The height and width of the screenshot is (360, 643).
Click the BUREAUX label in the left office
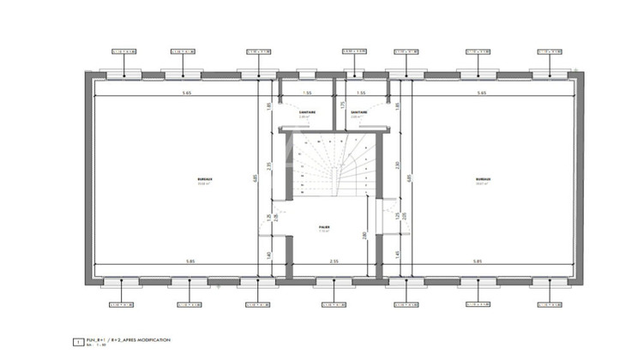204,180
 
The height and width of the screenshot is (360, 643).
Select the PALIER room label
325,229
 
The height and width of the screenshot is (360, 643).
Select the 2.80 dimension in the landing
365,234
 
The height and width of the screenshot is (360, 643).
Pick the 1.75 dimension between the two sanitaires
343,105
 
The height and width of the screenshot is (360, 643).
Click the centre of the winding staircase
334,166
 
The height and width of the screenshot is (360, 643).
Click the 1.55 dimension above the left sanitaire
307,93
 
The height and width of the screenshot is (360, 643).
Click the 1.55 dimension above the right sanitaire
361,93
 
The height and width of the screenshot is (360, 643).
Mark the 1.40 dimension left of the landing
268,255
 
